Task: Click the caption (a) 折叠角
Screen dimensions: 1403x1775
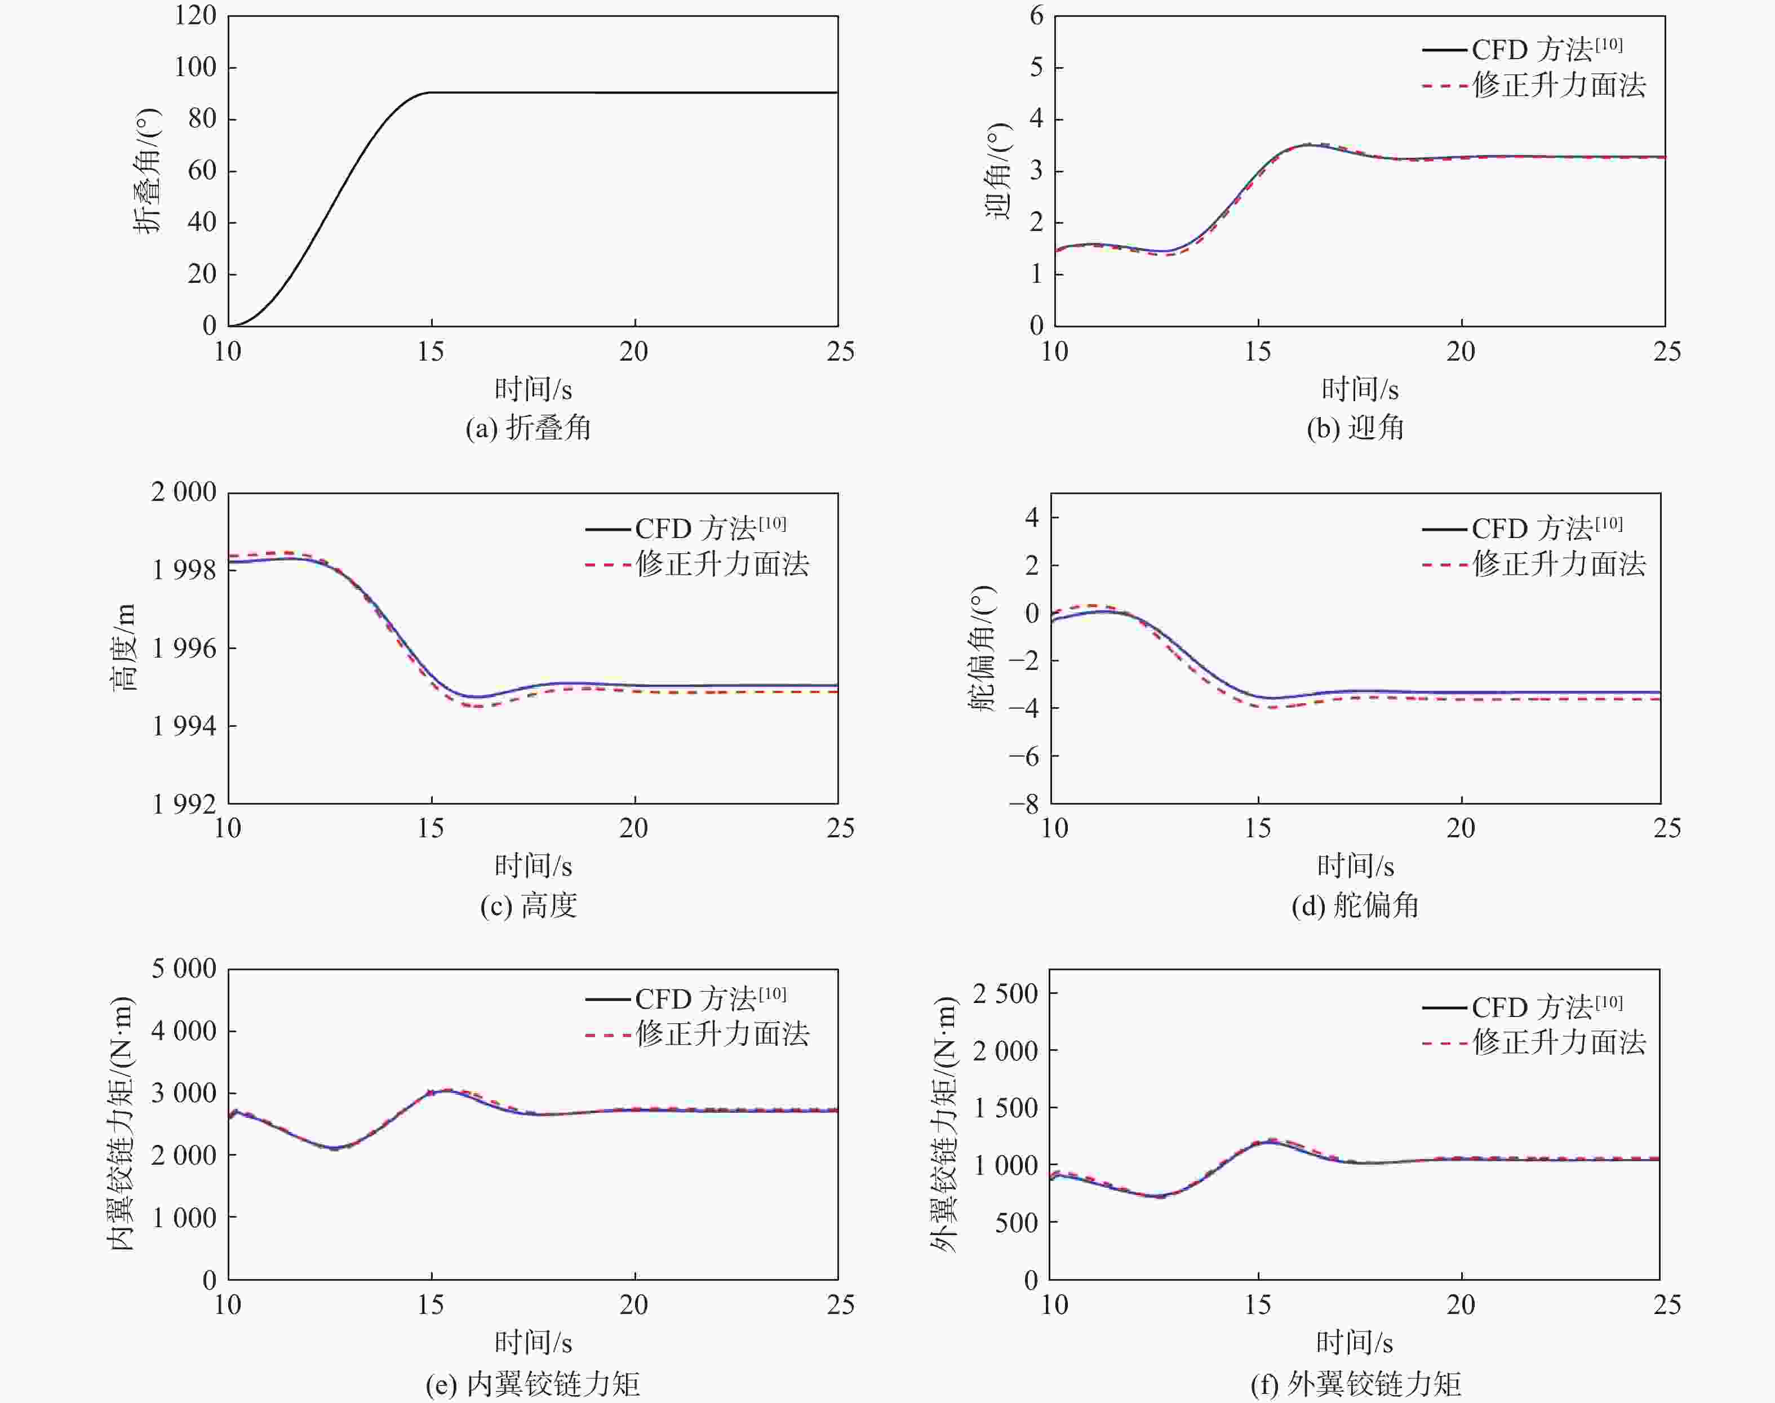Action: pyautogui.click(x=528, y=428)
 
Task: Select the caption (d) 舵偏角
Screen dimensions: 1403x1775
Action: pyautogui.click(x=1355, y=905)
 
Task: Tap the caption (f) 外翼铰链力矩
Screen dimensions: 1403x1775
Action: pyautogui.click(x=1355, y=1384)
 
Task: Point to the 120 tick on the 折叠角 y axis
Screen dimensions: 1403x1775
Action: pyautogui.click(x=196, y=16)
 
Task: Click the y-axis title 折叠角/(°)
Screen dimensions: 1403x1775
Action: pyautogui.click(x=148, y=171)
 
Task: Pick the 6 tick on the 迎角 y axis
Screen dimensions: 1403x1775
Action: pyautogui.click(x=1037, y=16)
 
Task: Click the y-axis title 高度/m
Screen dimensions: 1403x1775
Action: pyautogui.click(x=124, y=647)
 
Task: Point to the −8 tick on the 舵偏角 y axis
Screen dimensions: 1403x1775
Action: pyautogui.click(x=1024, y=803)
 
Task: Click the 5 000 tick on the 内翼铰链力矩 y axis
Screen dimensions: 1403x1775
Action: pyautogui.click(x=184, y=969)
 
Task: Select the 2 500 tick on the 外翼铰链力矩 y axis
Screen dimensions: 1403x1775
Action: pyautogui.click(x=1005, y=994)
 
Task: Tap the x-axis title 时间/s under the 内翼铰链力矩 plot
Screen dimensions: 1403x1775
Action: pyautogui.click(x=533, y=1342)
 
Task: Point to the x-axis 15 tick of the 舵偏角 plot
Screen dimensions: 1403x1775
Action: pyautogui.click(x=1258, y=828)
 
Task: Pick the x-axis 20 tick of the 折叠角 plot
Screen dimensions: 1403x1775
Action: pyautogui.click(x=634, y=352)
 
